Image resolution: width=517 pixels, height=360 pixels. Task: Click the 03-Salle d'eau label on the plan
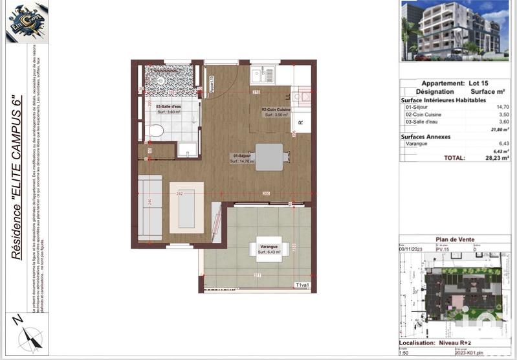tap(169, 106)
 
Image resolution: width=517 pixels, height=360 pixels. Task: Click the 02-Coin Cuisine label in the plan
tap(276, 110)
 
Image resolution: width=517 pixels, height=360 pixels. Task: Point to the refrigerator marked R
tap(300, 121)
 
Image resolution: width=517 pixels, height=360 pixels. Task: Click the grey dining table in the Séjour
tap(269, 156)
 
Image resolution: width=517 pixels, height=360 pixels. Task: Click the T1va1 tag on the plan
tap(303, 285)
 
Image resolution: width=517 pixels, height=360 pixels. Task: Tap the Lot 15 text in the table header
tap(476, 84)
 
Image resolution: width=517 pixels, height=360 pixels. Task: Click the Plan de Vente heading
tap(455, 240)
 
